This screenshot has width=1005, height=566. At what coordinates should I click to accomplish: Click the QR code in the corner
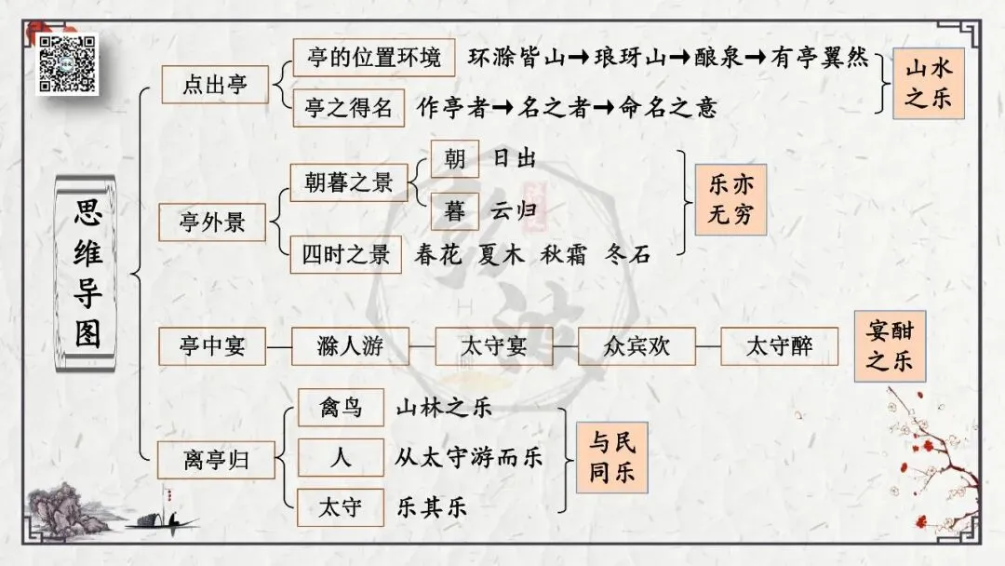coord(67,63)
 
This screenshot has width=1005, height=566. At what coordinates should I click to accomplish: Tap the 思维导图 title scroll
coord(88,275)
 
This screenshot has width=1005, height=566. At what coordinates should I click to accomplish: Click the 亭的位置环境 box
coord(374,59)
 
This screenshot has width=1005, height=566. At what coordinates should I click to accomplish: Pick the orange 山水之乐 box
coord(928,84)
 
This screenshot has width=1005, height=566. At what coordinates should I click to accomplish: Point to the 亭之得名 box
coord(349,107)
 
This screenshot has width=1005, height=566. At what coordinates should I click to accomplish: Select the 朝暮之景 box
coord(349,182)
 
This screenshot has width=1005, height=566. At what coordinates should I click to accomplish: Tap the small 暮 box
coord(455,211)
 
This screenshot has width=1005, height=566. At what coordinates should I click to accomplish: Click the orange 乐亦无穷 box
coord(730,200)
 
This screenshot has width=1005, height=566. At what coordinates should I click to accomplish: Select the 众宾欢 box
coord(623,347)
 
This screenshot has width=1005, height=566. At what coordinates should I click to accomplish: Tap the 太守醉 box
coord(779,347)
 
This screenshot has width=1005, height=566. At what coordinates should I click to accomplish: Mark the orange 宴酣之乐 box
coord(890,347)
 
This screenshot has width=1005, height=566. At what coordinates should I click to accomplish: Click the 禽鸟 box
coord(341,407)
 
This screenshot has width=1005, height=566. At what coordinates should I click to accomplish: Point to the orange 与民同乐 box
coord(611,457)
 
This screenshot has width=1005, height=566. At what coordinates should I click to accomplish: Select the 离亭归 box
coord(216,458)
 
